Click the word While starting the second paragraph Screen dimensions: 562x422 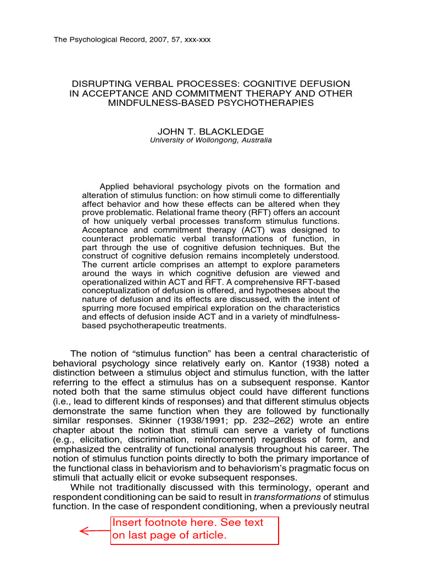pos(83,487)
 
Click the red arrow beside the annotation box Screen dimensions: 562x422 pos(94,531)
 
